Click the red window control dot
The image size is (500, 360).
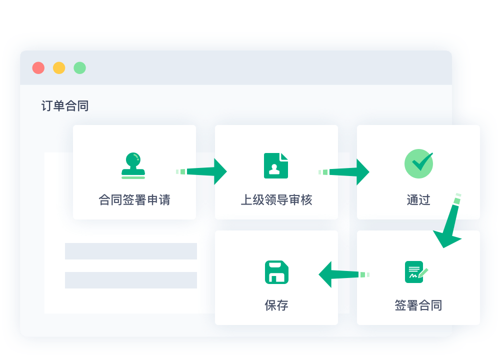[x=38, y=68]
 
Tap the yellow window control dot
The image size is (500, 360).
[x=59, y=68]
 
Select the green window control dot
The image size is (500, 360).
[x=79, y=68]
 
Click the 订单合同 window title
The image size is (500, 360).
[x=65, y=106]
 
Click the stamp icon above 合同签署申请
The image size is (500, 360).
[x=133, y=165]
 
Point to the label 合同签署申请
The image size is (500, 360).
[x=134, y=200]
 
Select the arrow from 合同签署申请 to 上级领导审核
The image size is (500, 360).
[x=201, y=171]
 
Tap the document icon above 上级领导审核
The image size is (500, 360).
[x=276, y=165]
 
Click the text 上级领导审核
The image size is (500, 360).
[x=276, y=200]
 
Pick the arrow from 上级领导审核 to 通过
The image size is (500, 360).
[x=344, y=172]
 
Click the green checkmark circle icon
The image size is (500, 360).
[x=418, y=163]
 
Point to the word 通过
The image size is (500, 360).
[x=418, y=200]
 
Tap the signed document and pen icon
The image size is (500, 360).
[x=416, y=272]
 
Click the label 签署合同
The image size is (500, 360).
[x=418, y=305]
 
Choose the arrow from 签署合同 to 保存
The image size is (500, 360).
[x=344, y=274]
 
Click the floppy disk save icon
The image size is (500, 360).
[x=276, y=272]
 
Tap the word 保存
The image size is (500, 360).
[x=276, y=305]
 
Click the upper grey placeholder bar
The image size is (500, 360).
[x=130, y=251]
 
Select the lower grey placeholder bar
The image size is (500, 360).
[x=130, y=280]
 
